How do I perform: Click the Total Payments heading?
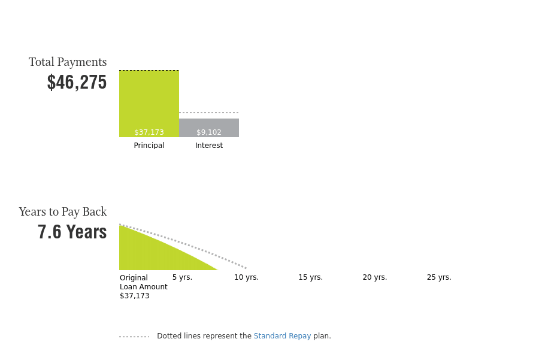click(68, 62)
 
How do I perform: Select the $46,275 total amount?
click(77, 82)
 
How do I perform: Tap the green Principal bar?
click(149, 104)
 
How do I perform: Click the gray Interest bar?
click(209, 128)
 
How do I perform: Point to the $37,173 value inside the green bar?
click(149, 132)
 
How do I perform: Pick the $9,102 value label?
click(209, 132)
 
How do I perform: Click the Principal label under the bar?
click(149, 146)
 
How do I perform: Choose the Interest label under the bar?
click(209, 146)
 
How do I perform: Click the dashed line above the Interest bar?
click(209, 113)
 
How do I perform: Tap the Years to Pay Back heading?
click(62, 212)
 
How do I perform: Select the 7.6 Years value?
click(72, 232)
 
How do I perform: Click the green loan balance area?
click(153, 253)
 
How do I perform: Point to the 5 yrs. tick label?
click(182, 277)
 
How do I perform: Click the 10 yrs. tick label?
click(246, 277)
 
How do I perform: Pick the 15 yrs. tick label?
click(311, 277)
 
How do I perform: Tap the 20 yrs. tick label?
click(375, 277)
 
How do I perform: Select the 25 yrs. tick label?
click(439, 277)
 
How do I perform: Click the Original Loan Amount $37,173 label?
click(144, 287)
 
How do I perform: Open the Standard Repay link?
click(282, 336)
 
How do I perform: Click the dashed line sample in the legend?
click(134, 337)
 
